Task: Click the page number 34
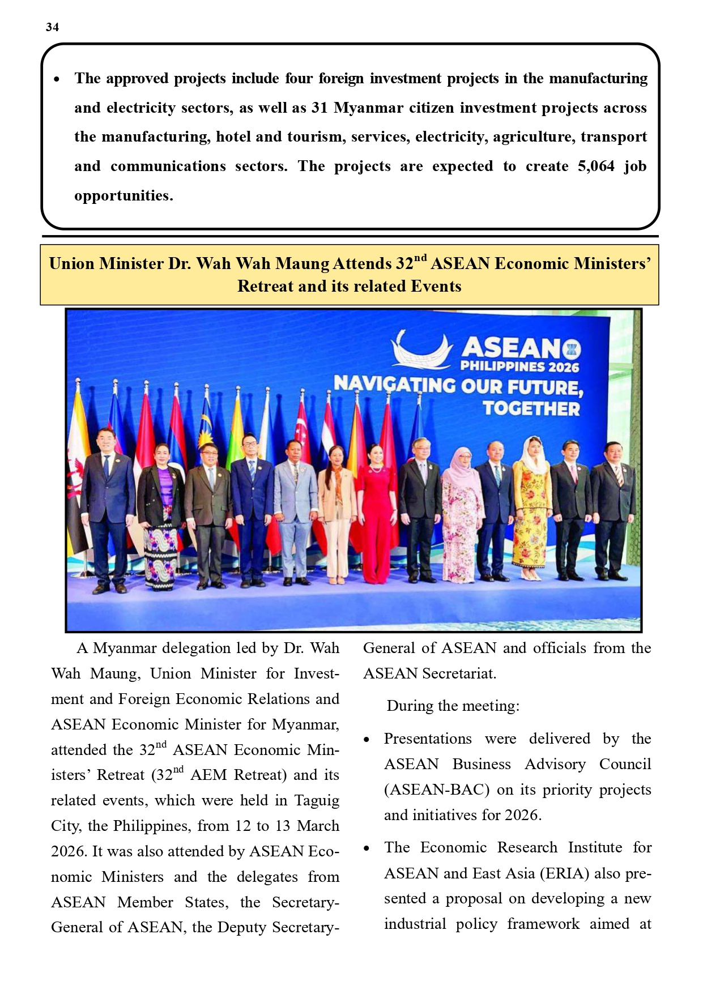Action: pos(52,27)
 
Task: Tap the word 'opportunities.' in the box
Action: pos(123,196)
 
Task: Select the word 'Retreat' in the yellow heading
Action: pos(265,287)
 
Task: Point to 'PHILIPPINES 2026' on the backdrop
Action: pos(519,366)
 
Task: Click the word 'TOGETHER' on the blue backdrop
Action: pos(531,409)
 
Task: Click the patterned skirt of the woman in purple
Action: pos(161,552)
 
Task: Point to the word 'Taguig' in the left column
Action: pos(317,801)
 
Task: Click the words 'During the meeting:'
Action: pos(453,706)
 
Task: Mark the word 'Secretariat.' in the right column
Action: pos(459,674)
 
